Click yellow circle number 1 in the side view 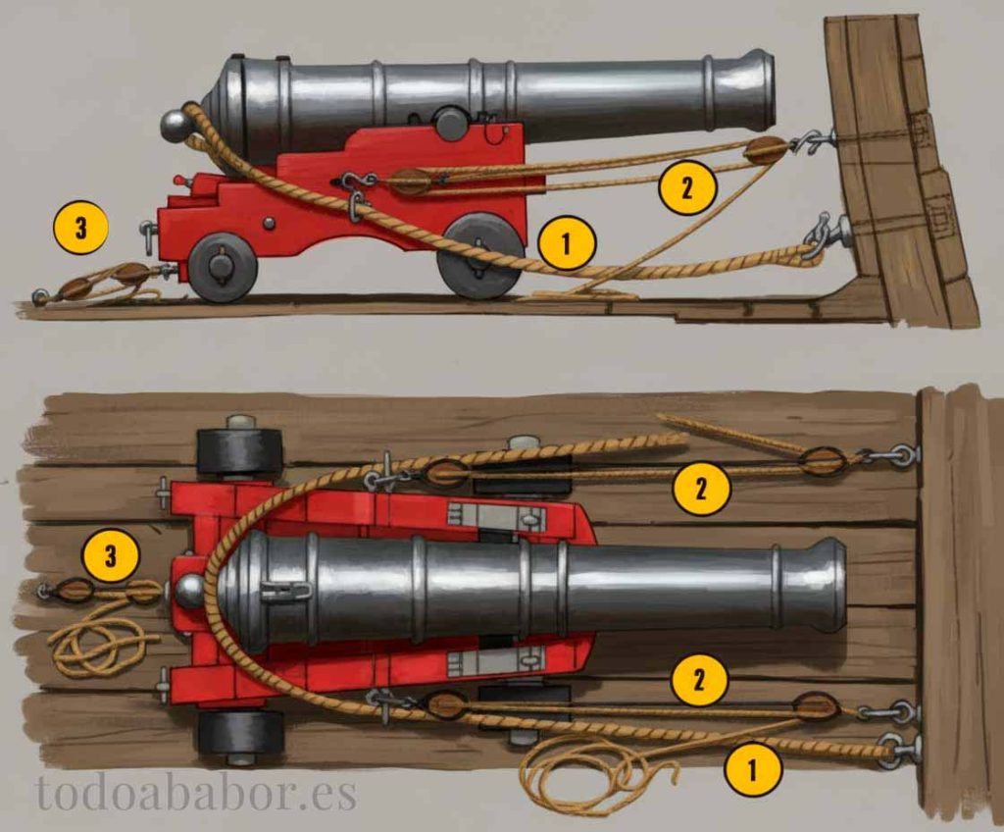tap(567, 243)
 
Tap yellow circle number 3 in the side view tap(80, 228)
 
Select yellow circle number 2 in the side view tap(687, 187)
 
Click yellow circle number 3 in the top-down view tap(111, 555)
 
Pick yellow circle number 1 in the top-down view tap(752, 769)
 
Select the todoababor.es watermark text tap(196, 793)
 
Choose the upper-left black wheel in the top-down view tap(239, 448)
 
